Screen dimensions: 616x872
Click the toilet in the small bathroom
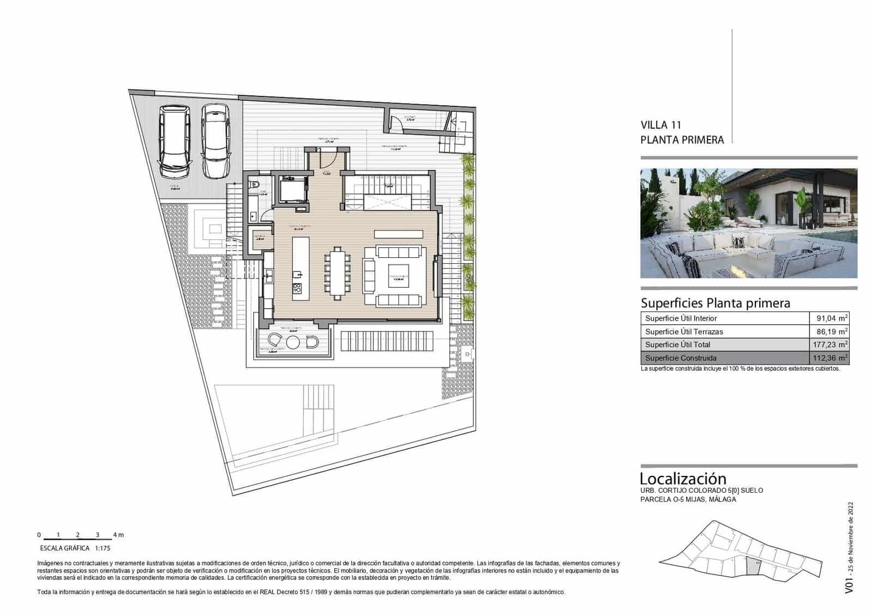(x=254, y=185)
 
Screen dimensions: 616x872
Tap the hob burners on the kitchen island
(x=297, y=288)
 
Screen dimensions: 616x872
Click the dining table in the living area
(x=338, y=273)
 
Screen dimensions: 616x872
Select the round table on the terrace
(x=293, y=342)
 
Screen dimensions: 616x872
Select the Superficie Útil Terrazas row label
(x=684, y=331)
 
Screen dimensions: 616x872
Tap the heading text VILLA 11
(x=661, y=125)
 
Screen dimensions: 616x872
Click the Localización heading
(x=683, y=479)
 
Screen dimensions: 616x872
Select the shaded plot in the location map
(x=753, y=566)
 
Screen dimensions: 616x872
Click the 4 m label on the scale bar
(x=118, y=535)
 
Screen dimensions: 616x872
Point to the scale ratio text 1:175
(x=102, y=548)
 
